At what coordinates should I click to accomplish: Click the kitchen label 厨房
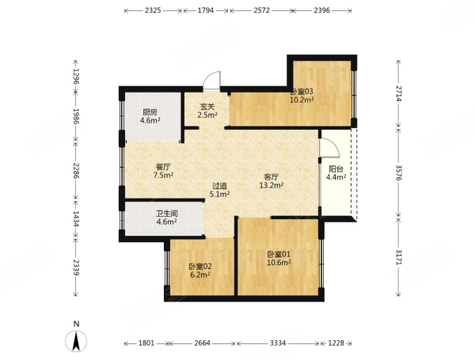tap(150, 112)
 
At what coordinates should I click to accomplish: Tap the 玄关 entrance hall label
tap(207, 107)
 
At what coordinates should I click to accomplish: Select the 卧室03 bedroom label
tap(302, 92)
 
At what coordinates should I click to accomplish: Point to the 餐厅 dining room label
tap(163, 166)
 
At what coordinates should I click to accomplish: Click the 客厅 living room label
tap(272, 176)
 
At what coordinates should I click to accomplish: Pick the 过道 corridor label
tap(219, 186)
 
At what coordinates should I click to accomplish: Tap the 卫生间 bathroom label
tap(167, 214)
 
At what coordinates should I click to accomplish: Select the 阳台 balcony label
tap(336, 169)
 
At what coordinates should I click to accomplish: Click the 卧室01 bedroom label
tap(279, 254)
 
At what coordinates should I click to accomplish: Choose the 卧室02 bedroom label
tap(200, 267)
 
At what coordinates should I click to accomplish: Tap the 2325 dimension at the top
tap(153, 10)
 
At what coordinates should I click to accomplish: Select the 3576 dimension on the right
tap(399, 172)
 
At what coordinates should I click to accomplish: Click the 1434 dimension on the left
tap(76, 219)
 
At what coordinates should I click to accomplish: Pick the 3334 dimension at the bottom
tap(278, 343)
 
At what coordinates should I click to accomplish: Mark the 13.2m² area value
tap(272, 185)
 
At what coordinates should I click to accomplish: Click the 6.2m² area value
tap(200, 275)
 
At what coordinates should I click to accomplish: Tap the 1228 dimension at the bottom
tap(336, 343)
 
